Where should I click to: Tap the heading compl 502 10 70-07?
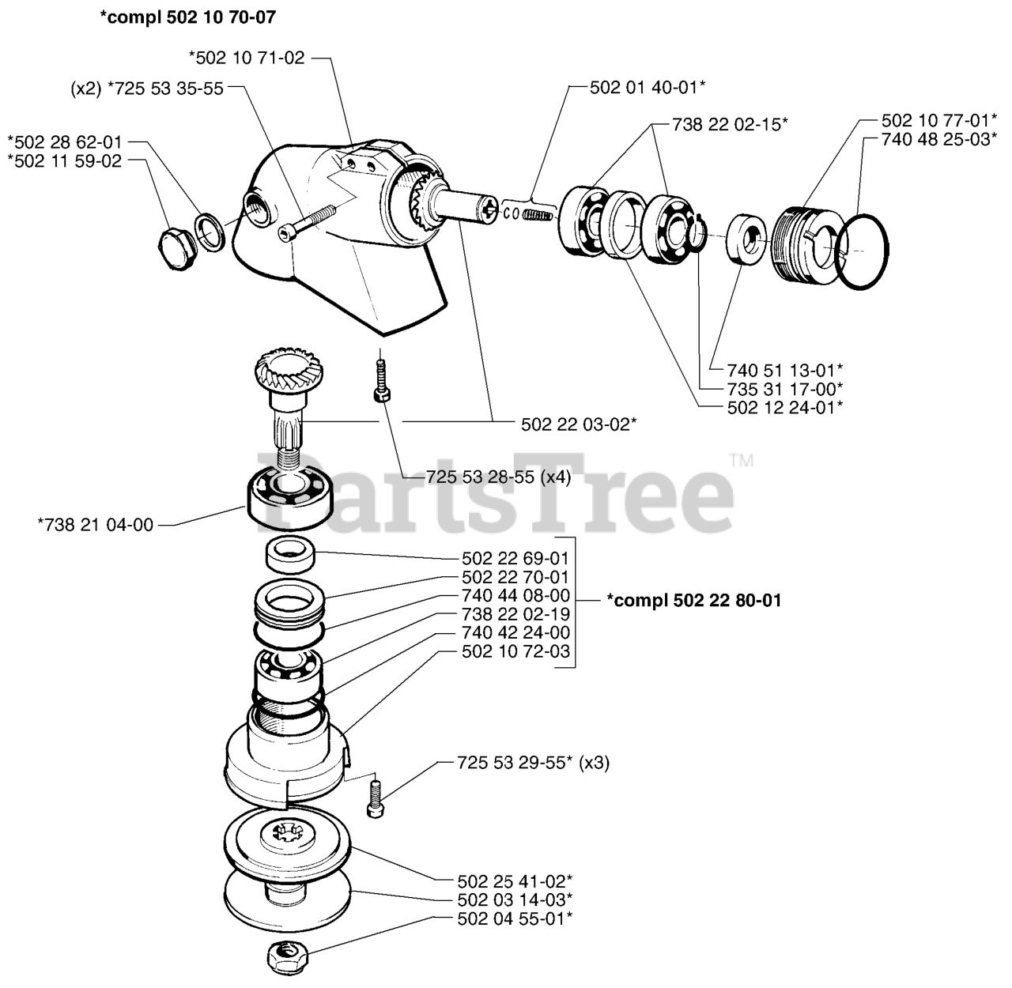pyautogui.click(x=188, y=16)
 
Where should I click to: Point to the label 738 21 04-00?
pyautogui.click(x=96, y=524)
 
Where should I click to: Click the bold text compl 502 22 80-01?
pyautogui.click(x=694, y=601)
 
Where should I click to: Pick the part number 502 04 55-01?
pyautogui.click(x=515, y=918)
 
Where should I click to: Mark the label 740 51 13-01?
pyautogui.click(x=786, y=369)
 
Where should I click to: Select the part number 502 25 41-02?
pyautogui.click(x=515, y=881)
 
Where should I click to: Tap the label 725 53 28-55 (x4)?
pyautogui.click(x=498, y=477)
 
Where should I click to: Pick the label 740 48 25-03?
pyautogui.click(x=938, y=140)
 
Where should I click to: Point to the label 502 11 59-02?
pyautogui.click(x=65, y=160)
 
